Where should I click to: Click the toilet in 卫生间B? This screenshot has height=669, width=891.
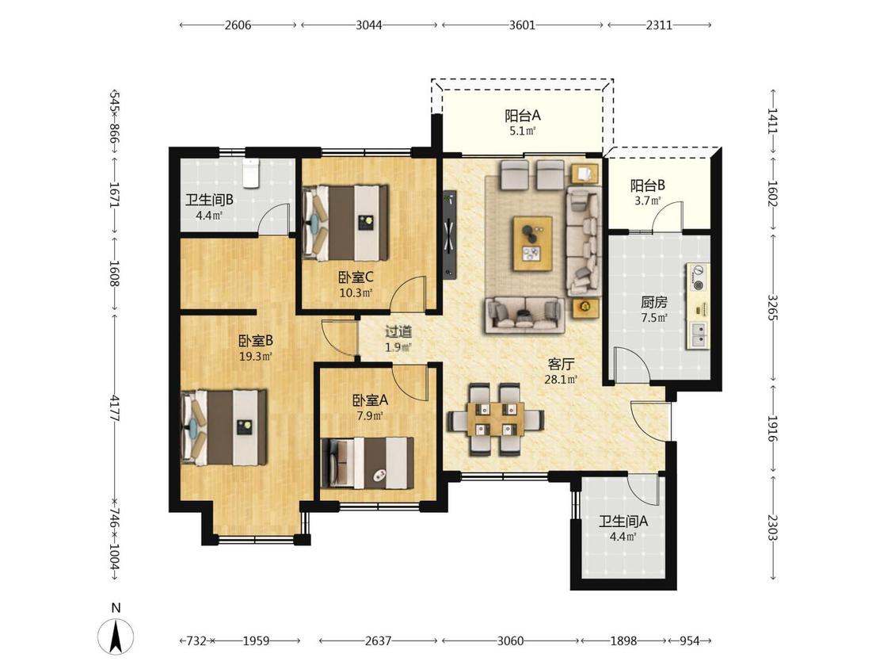tap(250, 173)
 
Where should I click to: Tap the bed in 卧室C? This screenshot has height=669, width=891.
tap(345, 223)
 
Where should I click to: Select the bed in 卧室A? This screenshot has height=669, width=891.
tap(367, 463)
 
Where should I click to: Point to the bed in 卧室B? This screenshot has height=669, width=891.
tap(224, 427)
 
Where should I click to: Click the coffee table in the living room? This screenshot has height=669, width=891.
tap(532, 243)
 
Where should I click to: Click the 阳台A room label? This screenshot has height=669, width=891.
tap(523, 116)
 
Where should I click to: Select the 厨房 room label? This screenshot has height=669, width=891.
tap(654, 302)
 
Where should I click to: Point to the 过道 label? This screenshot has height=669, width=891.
tap(398, 331)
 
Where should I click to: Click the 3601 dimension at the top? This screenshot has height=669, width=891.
tap(522, 25)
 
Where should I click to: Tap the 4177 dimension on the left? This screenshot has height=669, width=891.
tap(116, 408)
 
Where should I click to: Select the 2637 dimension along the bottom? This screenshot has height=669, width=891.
tap(378, 641)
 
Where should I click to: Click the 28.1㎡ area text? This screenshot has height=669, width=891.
tap(561, 380)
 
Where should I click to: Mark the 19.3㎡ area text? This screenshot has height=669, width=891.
tap(256, 357)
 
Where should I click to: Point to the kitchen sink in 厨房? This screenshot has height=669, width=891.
tap(698, 335)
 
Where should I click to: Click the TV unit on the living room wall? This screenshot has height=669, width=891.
tap(450, 235)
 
